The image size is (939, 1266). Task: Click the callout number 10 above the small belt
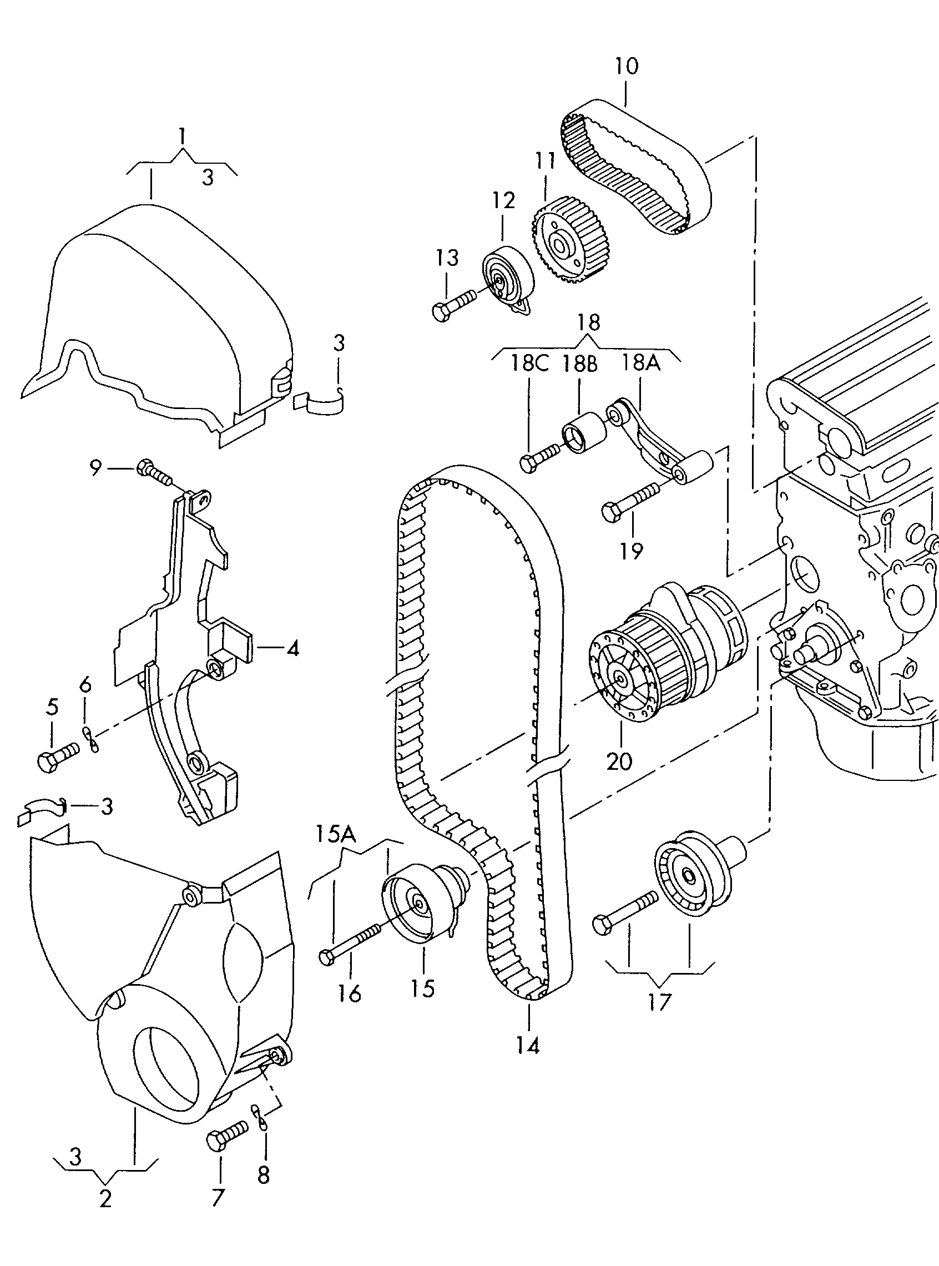point(626,67)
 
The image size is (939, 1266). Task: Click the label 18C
point(529,365)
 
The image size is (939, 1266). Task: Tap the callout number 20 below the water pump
point(619,760)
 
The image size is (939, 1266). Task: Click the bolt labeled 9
point(153,471)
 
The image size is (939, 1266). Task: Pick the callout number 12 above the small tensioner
point(503,200)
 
